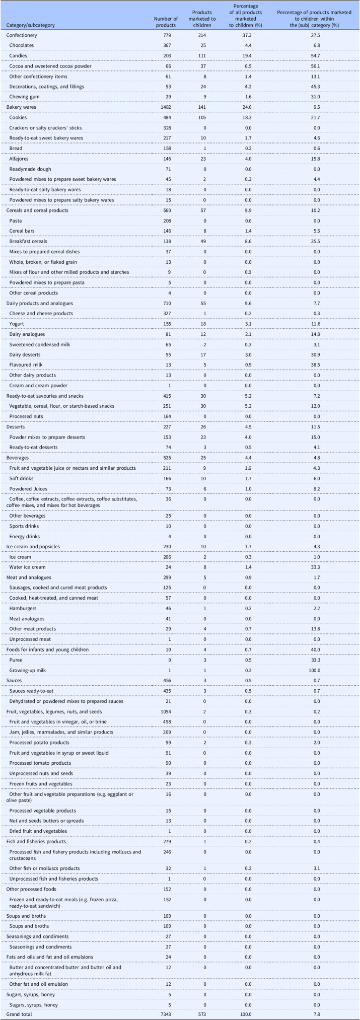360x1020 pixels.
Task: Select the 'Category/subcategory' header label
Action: tap(30, 25)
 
